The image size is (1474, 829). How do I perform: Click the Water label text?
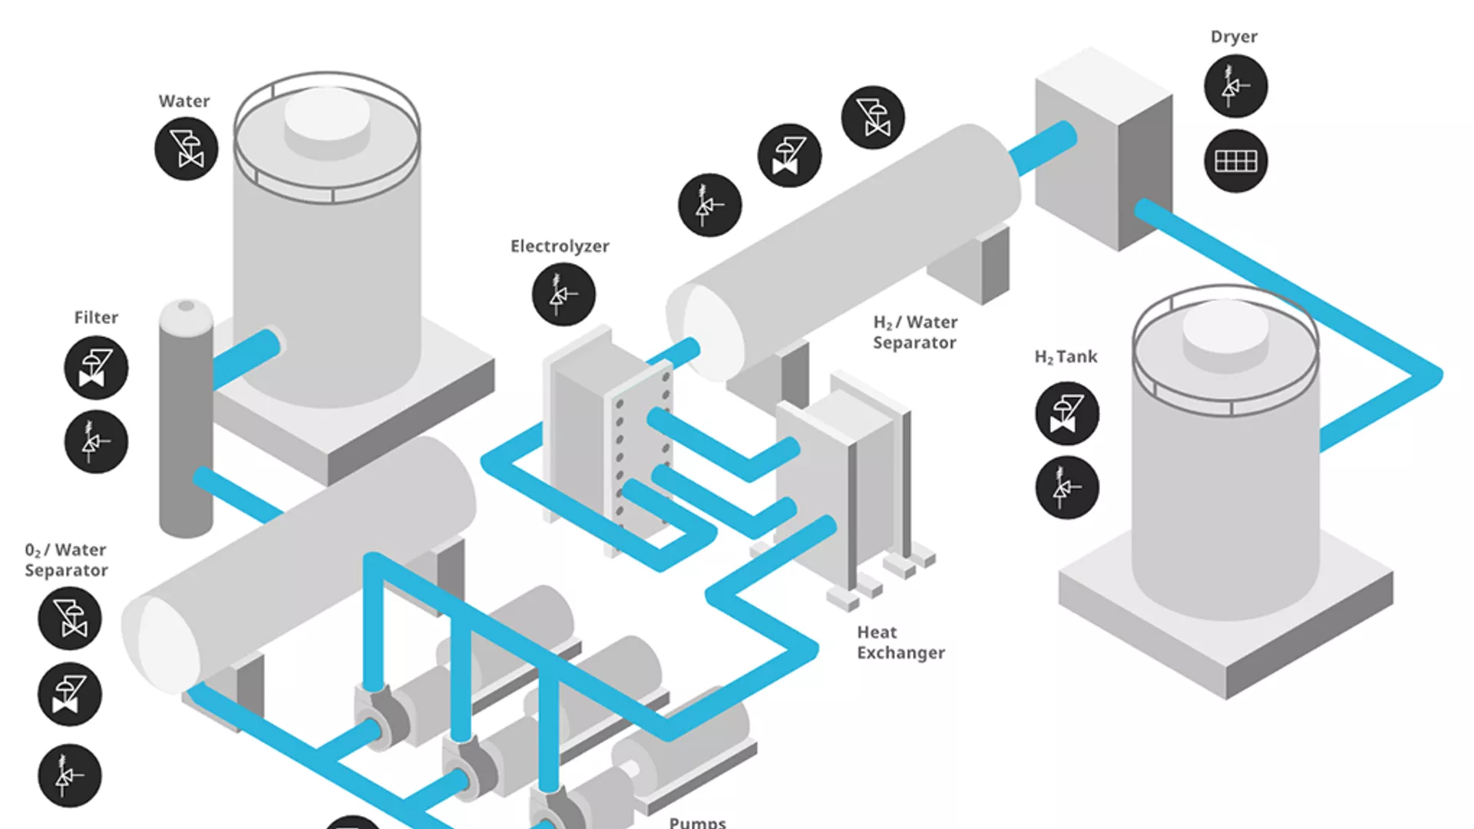(x=183, y=101)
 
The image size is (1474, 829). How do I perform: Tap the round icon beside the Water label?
(x=187, y=149)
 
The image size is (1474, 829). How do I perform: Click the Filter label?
(x=96, y=318)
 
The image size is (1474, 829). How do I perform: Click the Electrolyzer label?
(x=560, y=246)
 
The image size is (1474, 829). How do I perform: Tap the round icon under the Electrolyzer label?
(x=563, y=295)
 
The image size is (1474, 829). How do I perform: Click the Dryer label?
(x=1234, y=37)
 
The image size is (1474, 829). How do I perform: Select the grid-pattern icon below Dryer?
(x=1235, y=161)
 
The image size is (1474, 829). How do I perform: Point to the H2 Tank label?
(x=1066, y=357)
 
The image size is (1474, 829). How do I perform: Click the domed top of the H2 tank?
(x=1225, y=326)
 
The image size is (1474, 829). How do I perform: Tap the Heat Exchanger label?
(x=900, y=642)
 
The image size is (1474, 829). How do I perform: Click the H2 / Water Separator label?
(x=914, y=332)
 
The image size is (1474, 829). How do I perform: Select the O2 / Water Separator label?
(x=66, y=560)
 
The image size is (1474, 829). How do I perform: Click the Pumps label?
(x=697, y=822)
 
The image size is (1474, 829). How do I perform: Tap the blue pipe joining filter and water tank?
(x=246, y=359)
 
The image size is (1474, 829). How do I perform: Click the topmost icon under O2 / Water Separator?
(x=70, y=619)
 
